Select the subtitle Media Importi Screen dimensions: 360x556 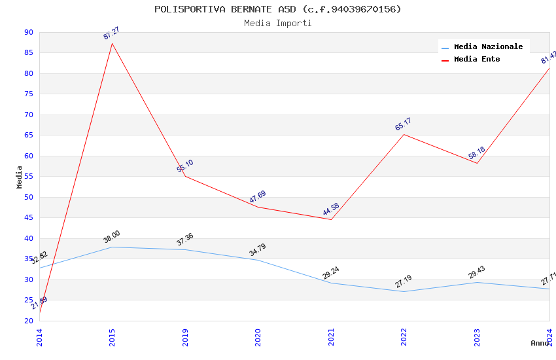click(x=278, y=23)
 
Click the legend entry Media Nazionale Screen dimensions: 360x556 click(x=488, y=46)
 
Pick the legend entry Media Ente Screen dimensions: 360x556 click(x=477, y=59)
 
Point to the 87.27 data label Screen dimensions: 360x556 click(x=111, y=33)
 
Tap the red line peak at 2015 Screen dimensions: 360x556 click(x=113, y=44)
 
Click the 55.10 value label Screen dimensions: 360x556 click(x=185, y=166)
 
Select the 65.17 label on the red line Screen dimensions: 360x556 click(x=404, y=124)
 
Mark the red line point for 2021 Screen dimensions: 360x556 click(x=331, y=219)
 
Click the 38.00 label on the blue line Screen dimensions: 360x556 click(x=111, y=237)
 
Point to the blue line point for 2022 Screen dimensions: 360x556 click(x=404, y=291)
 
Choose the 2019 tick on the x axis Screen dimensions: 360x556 click(x=185, y=337)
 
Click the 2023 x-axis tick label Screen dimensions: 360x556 click(x=477, y=337)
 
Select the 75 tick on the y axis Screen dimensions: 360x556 click(x=28, y=94)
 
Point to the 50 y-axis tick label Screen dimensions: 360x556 click(x=28, y=197)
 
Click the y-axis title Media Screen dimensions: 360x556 click(x=19, y=177)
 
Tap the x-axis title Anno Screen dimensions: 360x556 click(x=540, y=343)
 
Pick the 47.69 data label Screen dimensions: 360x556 click(x=258, y=197)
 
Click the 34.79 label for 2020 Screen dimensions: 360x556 click(x=258, y=250)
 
